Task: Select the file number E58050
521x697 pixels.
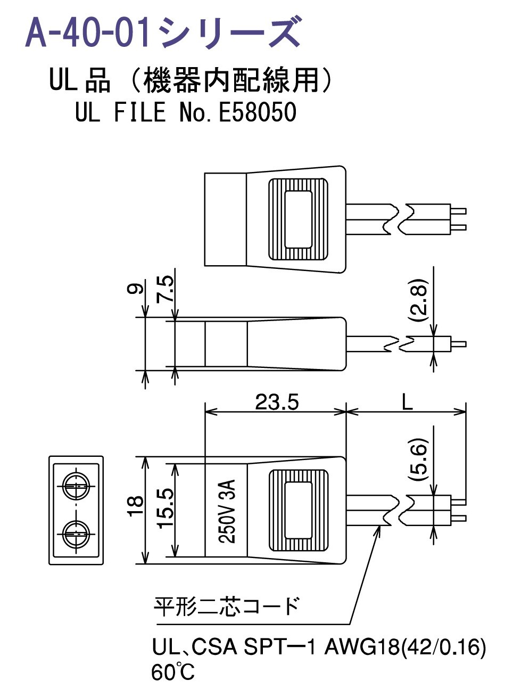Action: [x=257, y=112]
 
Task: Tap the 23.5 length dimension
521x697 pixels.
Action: [x=277, y=402]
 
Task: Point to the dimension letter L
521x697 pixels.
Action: [x=407, y=401]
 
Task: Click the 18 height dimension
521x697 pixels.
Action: [x=136, y=505]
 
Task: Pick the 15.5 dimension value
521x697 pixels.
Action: [x=166, y=509]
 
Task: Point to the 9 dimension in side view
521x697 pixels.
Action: [x=136, y=289]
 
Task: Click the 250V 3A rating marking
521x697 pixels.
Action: [x=227, y=510]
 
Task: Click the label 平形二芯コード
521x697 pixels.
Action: [x=226, y=606]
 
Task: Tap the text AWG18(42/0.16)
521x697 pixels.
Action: [x=405, y=647]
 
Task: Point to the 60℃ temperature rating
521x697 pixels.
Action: [x=173, y=672]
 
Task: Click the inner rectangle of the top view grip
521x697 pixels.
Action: [x=298, y=219]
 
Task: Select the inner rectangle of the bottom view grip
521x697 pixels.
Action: [x=298, y=510]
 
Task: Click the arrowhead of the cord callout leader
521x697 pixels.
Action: [x=380, y=527]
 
